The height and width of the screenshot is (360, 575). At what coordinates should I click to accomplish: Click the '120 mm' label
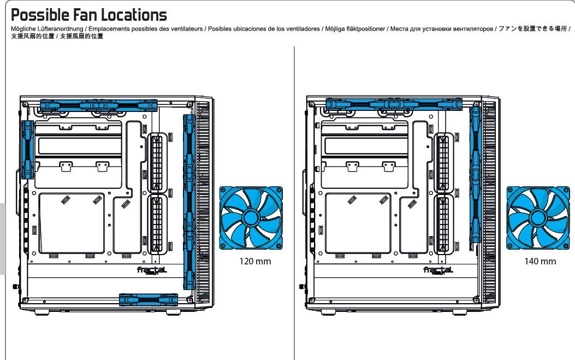pos(255,261)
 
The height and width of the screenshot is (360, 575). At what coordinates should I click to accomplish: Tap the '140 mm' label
pos(540,261)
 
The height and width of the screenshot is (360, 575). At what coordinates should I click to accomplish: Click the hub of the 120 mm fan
pos(251,218)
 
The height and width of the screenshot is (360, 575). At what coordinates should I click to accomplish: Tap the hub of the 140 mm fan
pos(537,218)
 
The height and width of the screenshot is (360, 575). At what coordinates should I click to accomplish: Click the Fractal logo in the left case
pos(152,270)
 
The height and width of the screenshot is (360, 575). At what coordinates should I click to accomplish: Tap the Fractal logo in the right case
pos(438,270)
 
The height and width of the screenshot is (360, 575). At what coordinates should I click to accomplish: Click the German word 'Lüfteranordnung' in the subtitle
pos(60,29)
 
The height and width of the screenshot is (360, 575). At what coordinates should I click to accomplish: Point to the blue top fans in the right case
pos(394,103)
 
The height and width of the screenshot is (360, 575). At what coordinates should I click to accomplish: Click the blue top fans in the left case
pos(99,104)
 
